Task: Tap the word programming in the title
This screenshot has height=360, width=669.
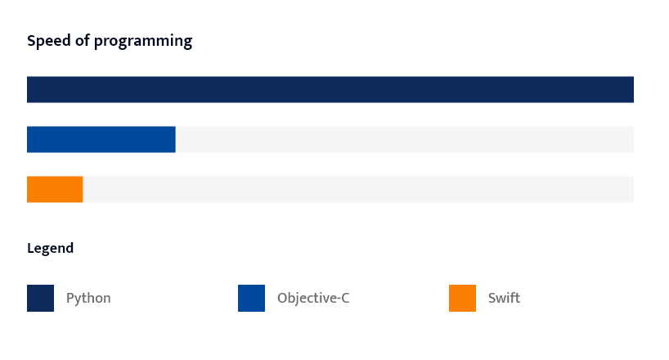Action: (x=143, y=42)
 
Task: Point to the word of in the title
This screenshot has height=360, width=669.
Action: (x=83, y=41)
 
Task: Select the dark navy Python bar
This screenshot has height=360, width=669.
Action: (x=330, y=90)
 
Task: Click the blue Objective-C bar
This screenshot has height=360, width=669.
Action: (x=101, y=139)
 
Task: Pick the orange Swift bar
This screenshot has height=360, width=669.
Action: (x=55, y=189)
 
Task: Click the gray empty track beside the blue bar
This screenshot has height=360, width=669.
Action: (x=405, y=139)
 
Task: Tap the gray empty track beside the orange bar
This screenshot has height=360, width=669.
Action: (x=358, y=189)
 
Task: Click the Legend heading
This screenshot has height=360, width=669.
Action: (x=51, y=249)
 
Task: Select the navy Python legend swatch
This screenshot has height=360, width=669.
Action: (x=41, y=298)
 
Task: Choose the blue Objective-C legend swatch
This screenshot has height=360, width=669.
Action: (x=251, y=298)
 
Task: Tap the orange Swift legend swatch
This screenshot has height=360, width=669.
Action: (x=463, y=298)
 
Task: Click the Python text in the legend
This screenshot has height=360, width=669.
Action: (x=88, y=299)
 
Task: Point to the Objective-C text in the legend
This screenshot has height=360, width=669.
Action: (x=313, y=298)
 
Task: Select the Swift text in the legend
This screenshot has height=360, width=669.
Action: (x=505, y=298)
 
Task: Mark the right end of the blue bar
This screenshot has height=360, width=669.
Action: (x=175, y=139)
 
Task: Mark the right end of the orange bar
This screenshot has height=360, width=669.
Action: (x=83, y=189)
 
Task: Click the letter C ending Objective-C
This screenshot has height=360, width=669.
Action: (x=345, y=298)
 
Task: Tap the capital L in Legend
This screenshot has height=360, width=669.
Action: (x=31, y=248)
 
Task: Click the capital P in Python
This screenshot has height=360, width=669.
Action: (x=70, y=298)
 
